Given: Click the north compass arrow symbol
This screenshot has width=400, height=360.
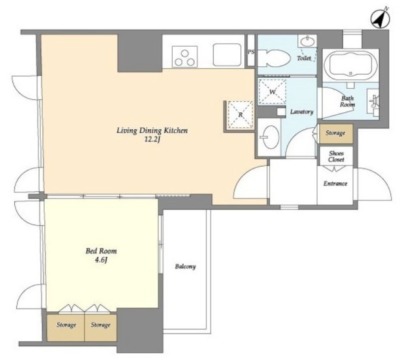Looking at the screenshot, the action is [380, 18].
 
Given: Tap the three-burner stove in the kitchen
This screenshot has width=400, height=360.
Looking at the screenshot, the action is [184, 56].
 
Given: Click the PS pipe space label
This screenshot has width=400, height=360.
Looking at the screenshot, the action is [251, 52].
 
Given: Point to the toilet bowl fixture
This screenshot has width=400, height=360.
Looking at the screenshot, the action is [274, 58].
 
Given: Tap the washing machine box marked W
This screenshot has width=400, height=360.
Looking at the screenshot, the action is [272, 91].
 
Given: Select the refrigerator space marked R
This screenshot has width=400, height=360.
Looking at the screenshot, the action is [240, 115].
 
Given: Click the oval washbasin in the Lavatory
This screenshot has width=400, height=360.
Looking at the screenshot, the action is [271, 137].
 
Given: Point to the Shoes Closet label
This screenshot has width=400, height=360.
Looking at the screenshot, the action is [336, 156].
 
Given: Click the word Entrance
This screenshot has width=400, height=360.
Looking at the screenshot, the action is [335, 184].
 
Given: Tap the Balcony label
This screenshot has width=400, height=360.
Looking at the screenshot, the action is [186, 267].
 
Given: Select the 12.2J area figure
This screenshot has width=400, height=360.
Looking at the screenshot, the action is [153, 139].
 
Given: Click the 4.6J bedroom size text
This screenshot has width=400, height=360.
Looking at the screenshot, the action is [101, 260].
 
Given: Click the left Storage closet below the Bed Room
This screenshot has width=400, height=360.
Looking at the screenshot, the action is [66, 328].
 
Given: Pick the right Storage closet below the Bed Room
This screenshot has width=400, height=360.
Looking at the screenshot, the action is [101, 328].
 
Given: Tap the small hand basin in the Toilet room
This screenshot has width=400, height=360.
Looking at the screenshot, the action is [308, 41].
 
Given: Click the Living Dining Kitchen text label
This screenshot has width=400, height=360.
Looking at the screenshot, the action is [153, 130].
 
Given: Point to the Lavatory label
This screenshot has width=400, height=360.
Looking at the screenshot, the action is [302, 112].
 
